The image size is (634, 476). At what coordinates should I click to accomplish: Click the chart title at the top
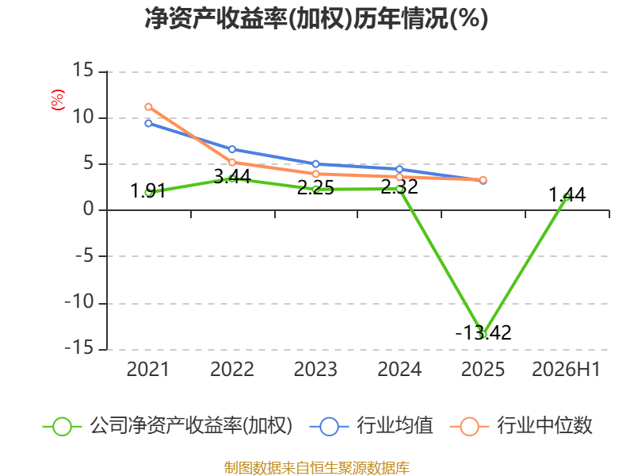pyautogui.click(x=316, y=18)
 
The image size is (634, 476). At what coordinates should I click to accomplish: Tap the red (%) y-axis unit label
pyautogui.click(x=57, y=100)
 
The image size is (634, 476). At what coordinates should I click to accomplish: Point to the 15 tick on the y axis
pyautogui.click(x=83, y=70)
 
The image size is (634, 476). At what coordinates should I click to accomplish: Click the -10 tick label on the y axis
pyautogui.click(x=79, y=302)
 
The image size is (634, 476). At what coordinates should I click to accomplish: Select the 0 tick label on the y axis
pyautogui.click(x=89, y=209)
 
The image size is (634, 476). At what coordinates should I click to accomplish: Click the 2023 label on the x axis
pyautogui.click(x=315, y=369)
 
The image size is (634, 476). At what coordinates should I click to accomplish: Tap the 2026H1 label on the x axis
pyautogui.click(x=566, y=369)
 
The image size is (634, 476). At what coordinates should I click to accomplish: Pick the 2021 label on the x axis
pyautogui.click(x=147, y=369)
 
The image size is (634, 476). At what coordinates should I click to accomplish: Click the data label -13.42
pyautogui.click(x=483, y=332)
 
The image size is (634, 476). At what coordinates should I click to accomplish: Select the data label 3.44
pyautogui.click(x=232, y=176)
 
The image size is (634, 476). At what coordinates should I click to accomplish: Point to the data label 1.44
pyautogui.click(x=567, y=194)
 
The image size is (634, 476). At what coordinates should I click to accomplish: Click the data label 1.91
pyautogui.click(x=148, y=191)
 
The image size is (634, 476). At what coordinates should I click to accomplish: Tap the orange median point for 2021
pyautogui.click(x=148, y=107)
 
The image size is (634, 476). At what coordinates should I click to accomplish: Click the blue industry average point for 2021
pyautogui.click(x=148, y=123)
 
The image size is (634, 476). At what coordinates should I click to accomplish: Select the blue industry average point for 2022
pyautogui.click(x=232, y=149)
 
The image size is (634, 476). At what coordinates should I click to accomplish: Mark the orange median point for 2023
pyautogui.click(x=315, y=174)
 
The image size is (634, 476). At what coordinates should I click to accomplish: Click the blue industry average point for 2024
pyautogui.click(x=399, y=169)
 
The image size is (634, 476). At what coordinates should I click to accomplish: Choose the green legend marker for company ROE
pyautogui.click(x=63, y=427)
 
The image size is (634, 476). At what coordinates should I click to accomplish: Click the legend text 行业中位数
pyautogui.click(x=544, y=426)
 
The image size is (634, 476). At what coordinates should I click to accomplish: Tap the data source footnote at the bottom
pyautogui.click(x=317, y=468)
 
